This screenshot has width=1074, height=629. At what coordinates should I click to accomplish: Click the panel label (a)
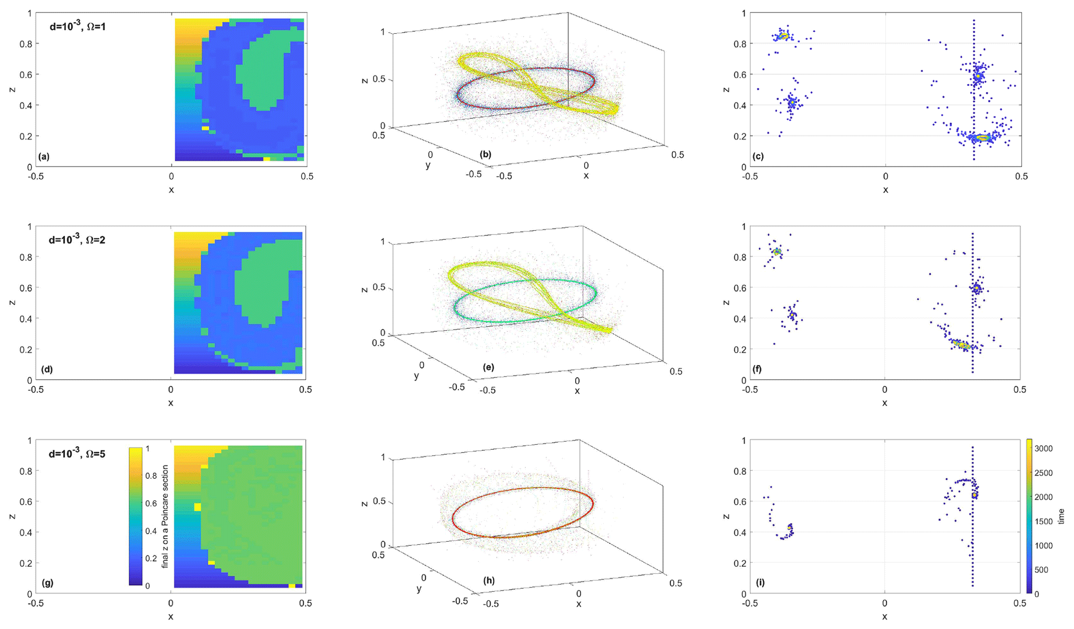click(x=44, y=156)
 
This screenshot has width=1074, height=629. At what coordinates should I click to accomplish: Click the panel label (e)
click(x=488, y=367)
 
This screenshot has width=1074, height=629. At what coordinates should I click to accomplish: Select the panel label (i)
click(x=760, y=582)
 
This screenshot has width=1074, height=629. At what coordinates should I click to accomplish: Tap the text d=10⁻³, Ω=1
click(x=77, y=26)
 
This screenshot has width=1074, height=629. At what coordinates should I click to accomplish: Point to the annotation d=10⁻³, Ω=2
click(x=77, y=239)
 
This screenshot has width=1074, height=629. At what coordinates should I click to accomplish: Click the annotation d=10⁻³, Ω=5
click(x=77, y=453)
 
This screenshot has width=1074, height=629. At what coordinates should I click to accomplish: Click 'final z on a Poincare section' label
click(x=165, y=517)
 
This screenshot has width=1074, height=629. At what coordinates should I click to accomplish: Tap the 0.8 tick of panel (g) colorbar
click(x=151, y=475)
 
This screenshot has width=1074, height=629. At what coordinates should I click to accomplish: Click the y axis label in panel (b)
click(x=428, y=165)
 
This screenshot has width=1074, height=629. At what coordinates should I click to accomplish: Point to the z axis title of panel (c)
click(x=726, y=89)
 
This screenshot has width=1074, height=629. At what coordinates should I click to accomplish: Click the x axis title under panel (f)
click(x=884, y=403)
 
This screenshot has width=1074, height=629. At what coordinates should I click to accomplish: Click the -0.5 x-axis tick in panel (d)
click(x=35, y=390)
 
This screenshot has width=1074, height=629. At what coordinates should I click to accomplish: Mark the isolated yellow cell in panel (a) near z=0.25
click(x=205, y=128)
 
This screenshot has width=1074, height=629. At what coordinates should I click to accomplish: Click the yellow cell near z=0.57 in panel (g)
click(x=197, y=506)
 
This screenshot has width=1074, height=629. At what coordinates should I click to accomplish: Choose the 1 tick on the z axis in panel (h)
click(x=383, y=457)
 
